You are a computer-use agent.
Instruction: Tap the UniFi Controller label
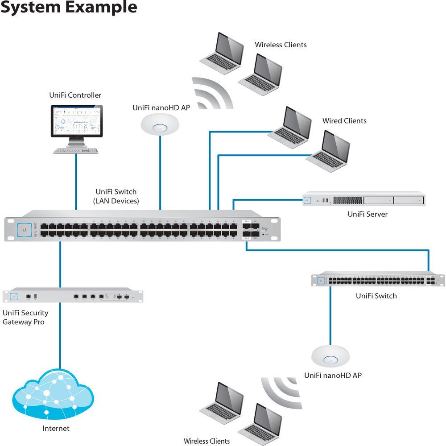[75, 95]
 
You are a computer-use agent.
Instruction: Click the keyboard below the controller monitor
[76, 151]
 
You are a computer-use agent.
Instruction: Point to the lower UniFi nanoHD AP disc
[330, 356]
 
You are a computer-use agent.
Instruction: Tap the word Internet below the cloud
[56, 429]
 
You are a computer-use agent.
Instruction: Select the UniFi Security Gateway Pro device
[73, 296]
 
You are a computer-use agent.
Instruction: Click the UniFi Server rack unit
[363, 199]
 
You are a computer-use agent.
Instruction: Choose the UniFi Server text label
[368, 214]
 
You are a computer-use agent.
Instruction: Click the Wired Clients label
[344, 121]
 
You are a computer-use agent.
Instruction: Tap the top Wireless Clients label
[281, 45]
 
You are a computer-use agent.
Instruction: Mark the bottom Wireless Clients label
[206, 441]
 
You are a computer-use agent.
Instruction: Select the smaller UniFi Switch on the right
[378, 280]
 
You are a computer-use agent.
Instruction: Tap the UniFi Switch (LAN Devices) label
[116, 196]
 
